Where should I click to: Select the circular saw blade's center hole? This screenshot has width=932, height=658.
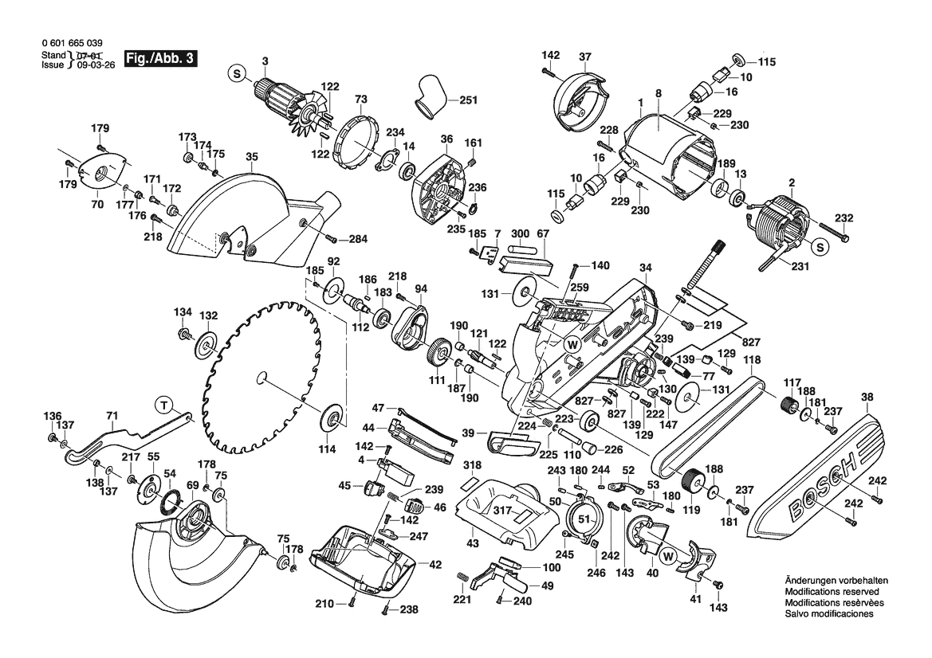coord(262,376)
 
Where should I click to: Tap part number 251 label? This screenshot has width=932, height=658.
coord(469,100)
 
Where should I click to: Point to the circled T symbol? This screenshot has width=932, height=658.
coord(164,405)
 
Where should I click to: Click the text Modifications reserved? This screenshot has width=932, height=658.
coord(832,593)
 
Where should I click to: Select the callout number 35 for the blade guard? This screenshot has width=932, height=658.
coord(252,158)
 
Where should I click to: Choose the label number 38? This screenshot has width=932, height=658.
coord(867,396)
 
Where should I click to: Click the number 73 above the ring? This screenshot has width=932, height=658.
coord(361,100)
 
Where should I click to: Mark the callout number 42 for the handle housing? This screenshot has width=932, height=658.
coord(435,565)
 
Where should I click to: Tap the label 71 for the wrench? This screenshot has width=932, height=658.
coord(112,416)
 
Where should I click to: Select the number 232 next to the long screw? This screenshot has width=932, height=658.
coord(844,218)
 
